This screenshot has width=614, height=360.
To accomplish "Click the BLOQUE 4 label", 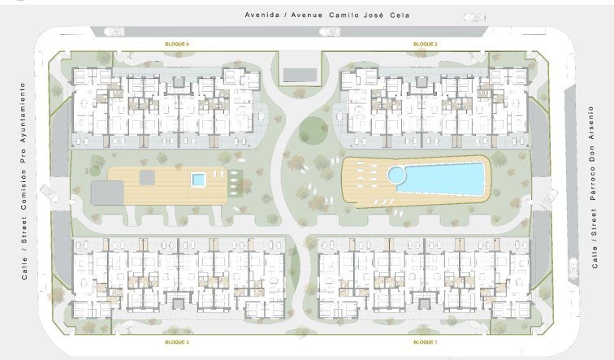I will click(x=177, y=43).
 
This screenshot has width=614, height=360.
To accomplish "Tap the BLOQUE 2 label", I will click(x=426, y=43).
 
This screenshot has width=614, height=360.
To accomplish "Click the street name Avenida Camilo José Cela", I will click(x=327, y=15).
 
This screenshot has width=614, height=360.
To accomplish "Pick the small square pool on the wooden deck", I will click(x=198, y=180).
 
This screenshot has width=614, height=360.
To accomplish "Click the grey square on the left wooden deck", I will click(x=147, y=176).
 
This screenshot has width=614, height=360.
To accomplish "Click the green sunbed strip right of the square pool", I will click(x=236, y=182).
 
